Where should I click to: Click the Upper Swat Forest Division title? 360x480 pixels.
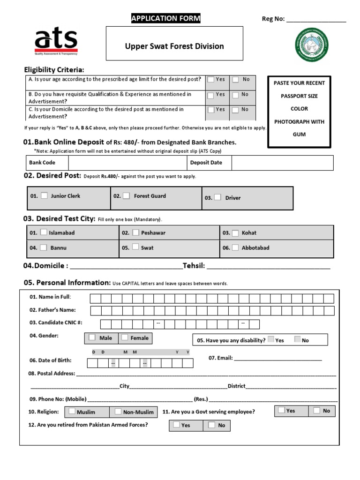(x=174, y=46)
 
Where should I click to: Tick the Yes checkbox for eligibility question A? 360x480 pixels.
(x=211, y=80)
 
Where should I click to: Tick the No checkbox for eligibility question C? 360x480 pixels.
(x=236, y=110)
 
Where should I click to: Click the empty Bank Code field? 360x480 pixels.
(x=127, y=163)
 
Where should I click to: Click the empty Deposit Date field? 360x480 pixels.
(x=282, y=163)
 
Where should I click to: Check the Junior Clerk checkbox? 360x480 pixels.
(x=44, y=196)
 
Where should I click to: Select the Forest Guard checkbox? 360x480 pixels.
(x=127, y=196)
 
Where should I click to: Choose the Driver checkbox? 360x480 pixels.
(x=217, y=197)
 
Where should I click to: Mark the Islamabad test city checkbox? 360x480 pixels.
(x=43, y=232)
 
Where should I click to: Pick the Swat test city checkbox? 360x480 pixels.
(x=135, y=247)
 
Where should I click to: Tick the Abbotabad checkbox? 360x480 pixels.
(x=235, y=247)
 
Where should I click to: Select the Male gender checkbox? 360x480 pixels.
(x=92, y=337)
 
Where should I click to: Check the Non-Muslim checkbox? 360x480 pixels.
(x=117, y=412)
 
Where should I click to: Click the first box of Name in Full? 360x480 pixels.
(x=95, y=299)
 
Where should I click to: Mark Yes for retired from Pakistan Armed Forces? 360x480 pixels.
(x=176, y=425)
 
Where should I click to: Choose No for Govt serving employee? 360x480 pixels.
(x=316, y=410)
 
